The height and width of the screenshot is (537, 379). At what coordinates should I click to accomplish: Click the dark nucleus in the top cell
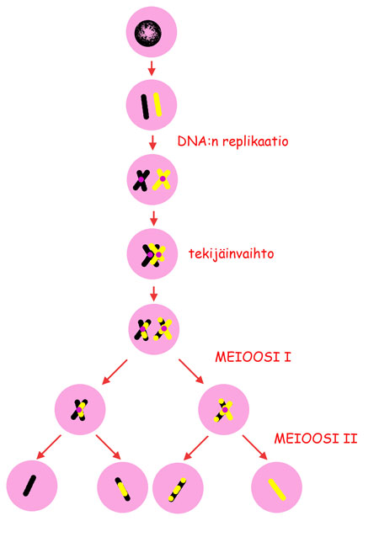click(x=148, y=33)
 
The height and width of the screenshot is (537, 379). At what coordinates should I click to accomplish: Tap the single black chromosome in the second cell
click(x=145, y=107)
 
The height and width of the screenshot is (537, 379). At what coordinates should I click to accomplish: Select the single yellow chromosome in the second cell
click(x=157, y=105)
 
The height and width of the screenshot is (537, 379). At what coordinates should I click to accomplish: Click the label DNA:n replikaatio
click(x=232, y=141)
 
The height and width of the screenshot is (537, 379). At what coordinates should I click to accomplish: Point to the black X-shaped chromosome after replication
click(x=141, y=180)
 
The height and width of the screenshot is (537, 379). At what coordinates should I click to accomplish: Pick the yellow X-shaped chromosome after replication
click(x=162, y=179)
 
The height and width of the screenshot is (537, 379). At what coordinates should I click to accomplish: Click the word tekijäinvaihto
click(x=232, y=254)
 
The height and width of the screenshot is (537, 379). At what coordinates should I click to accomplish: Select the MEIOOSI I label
click(x=253, y=357)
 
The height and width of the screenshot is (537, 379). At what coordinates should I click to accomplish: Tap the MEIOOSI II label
click(x=316, y=439)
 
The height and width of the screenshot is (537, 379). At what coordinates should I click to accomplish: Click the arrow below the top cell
click(x=152, y=68)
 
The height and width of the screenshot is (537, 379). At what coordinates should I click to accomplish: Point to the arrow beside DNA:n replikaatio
click(x=152, y=142)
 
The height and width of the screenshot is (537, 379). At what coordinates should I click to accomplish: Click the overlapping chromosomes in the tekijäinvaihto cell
click(x=153, y=255)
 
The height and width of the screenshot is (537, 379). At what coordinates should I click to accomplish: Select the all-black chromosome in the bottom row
click(x=29, y=486)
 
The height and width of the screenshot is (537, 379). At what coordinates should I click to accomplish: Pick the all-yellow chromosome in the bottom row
click(x=277, y=489)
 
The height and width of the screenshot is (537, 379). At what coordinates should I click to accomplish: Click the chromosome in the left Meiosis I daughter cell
click(x=79, y=410)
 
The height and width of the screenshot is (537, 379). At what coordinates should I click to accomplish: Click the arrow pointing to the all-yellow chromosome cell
click(x=254, y=447)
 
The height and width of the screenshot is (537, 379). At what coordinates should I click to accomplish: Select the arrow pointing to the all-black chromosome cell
click(x=49, y=447)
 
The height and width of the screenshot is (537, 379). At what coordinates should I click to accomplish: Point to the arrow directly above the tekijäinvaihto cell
click(x=153, y=218)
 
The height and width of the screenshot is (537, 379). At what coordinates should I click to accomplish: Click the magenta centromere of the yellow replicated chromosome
click(x=163, y=178)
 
